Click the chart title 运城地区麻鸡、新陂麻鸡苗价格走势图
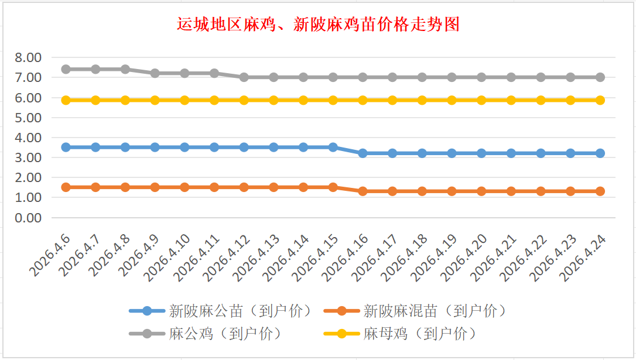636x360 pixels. coord(318,25)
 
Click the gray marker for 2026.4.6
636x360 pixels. coord(66,69)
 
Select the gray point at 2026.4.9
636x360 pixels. coord(155,73)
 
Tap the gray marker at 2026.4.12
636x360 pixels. coord(244,77)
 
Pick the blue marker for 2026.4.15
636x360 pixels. coord(333,147)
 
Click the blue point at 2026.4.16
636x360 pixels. coord(363,153)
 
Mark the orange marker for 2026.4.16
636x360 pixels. coord(363,191)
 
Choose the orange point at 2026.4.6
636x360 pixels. coord(66,187)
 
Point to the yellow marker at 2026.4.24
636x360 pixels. coord(600,100)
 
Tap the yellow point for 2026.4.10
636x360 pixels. coord(184,100)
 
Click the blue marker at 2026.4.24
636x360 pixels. coord(600,153)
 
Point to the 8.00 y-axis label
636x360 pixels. coord(28,57)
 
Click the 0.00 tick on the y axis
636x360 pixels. coord(28,218)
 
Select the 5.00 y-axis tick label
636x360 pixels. coord(28,118)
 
